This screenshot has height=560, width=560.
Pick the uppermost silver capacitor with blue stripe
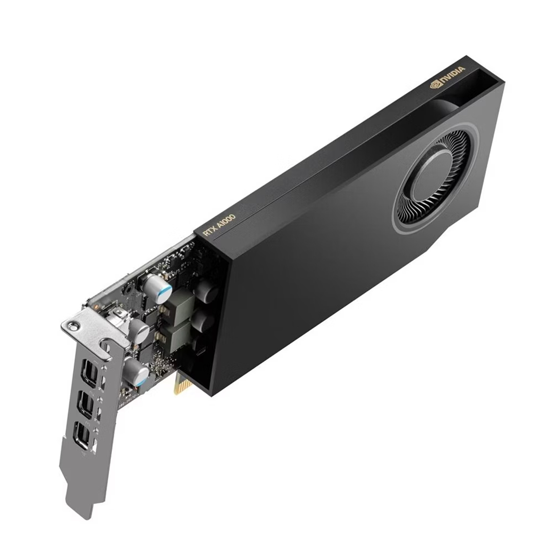[x=155, y=286]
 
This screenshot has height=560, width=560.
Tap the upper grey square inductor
[x=178, y=307]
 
